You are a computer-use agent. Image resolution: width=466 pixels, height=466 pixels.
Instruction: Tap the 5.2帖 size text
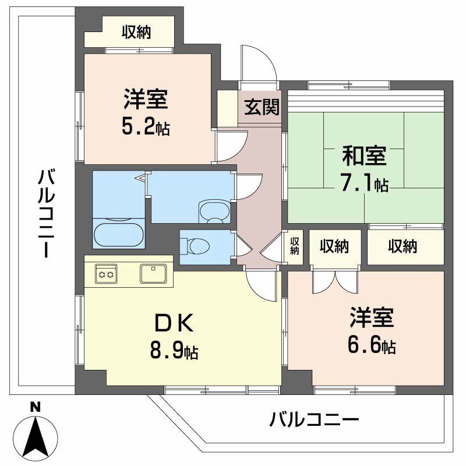(146, 128)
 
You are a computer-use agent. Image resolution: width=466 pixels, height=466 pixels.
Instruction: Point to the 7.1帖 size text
(365, 184)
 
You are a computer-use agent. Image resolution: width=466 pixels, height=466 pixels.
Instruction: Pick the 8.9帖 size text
(172, 351)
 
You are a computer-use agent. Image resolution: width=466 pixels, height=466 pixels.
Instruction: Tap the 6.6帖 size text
(372, 346)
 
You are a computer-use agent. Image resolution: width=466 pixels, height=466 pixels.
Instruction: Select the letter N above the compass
(36, 407)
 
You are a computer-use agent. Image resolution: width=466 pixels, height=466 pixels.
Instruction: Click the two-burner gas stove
(106, 273)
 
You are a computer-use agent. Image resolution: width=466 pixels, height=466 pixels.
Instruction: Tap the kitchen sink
(154, 273)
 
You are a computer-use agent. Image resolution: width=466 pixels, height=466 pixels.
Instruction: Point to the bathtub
(118, 234)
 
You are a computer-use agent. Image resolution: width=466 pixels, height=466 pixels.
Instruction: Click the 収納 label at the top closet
(136, 33)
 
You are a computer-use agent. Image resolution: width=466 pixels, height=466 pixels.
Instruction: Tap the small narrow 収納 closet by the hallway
(295, 247)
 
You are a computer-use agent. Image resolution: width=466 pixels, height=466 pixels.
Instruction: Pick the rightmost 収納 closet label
(403, 246)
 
